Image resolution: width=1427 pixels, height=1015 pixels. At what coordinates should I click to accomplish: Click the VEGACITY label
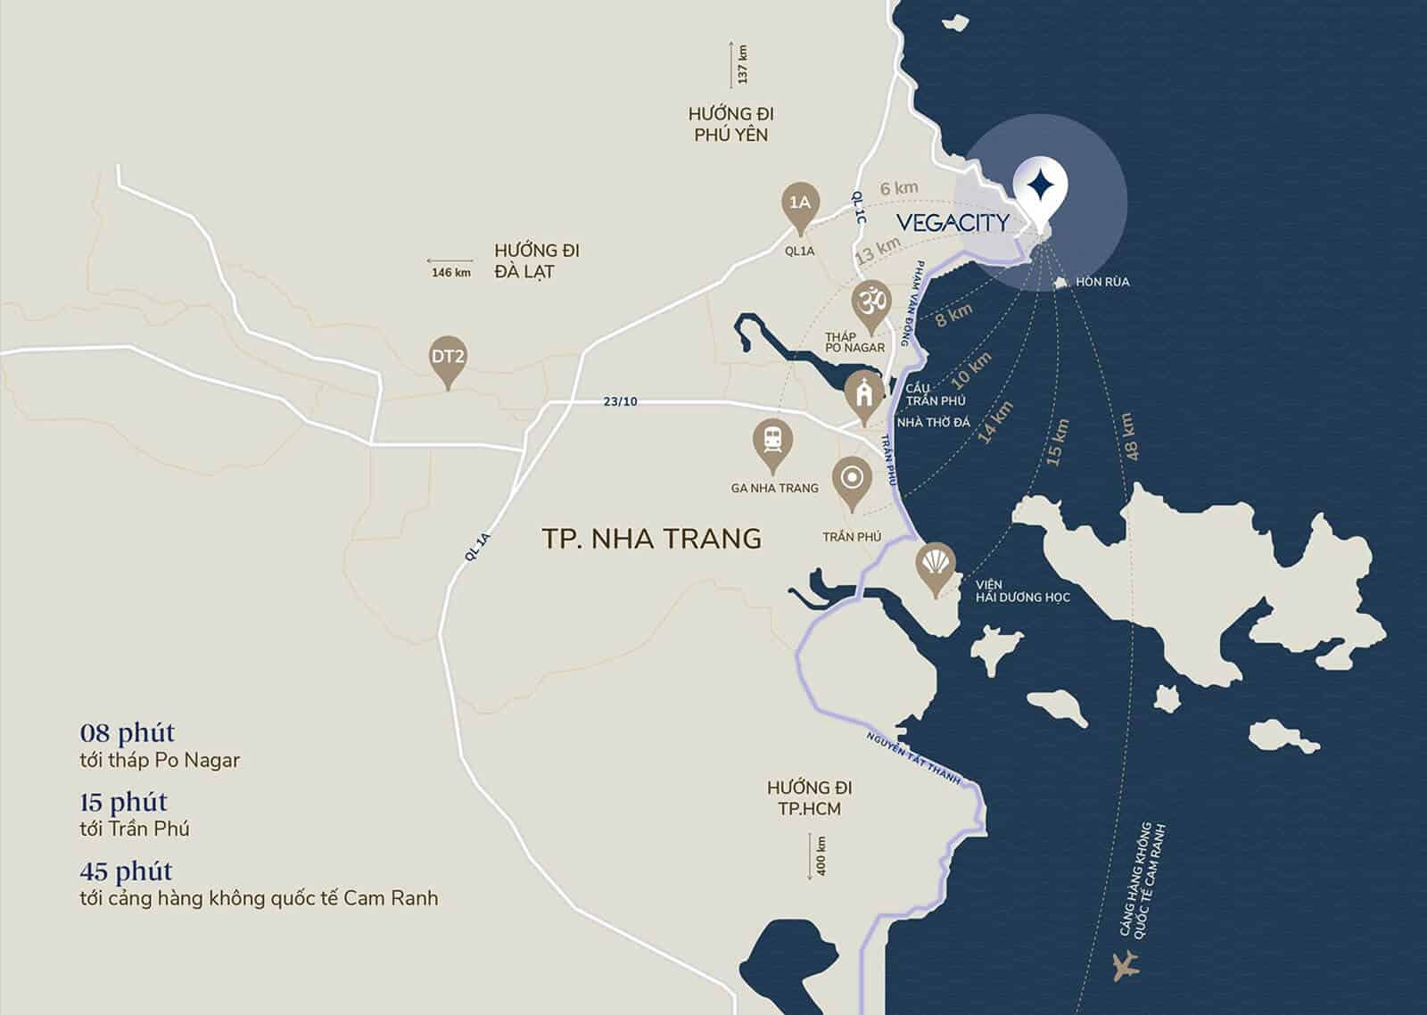(x=952, y=222)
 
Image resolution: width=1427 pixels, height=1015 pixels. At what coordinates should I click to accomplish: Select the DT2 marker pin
(x=448, y=358)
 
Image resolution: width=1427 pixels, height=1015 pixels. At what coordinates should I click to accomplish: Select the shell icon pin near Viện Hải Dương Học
(x=936, y=565)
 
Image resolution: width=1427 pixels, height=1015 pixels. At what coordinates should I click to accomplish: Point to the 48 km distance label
(x=1130, y=436)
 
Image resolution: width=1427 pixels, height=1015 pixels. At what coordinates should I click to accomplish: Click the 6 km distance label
(x=898, y=188)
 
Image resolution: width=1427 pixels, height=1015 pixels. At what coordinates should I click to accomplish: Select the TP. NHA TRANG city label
(x=651, y=538)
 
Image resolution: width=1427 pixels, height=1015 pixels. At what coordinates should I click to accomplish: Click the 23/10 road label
(x=620, y=401)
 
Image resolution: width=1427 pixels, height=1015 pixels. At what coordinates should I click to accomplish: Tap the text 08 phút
(x=127, y=733)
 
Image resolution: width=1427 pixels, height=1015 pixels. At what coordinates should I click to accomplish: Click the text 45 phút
(x=126, y=871)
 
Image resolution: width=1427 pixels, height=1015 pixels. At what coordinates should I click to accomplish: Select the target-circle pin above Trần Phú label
(x=853, y=479)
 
